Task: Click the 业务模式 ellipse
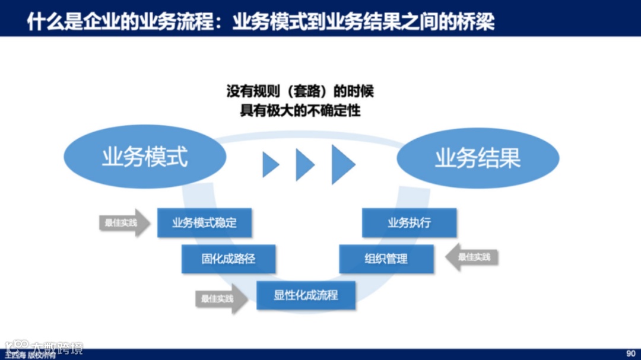tap(145, 158)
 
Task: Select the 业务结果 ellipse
tap(478, 158)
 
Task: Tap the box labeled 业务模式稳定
tap(204, 223)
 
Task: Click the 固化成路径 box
tap(229, 259)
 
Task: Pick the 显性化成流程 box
tap(306, 295)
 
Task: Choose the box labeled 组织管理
tap(386, 259)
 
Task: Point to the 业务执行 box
tap(409, 223)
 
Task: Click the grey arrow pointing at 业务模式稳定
tap(124, 223)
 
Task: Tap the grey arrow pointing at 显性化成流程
tap(221, 299)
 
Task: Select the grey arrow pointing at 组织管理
tap(472, 257)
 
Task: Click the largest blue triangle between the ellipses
tap(342, 164)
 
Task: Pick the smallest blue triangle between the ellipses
tap(270, 164)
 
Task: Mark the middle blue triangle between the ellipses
tap(304, 164)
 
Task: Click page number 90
tap(631, 353)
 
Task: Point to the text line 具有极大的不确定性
tap(300, 111)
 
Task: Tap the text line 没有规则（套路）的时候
tap(300, 92)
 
